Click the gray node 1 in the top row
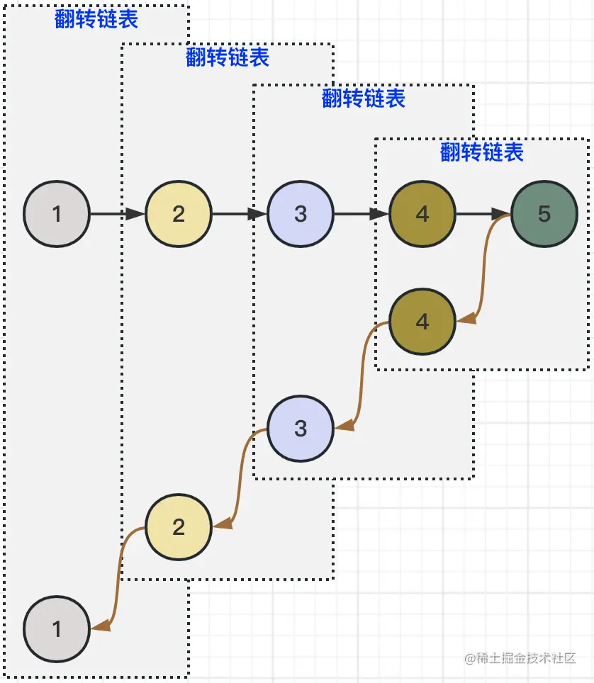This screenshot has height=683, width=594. pos(57,214)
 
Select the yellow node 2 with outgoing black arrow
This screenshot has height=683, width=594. pos(179,214)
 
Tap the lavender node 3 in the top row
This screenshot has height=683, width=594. pos(301,214)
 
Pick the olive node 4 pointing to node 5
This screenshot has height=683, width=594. pos(422,214)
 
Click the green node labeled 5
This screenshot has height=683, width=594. pos(544,214)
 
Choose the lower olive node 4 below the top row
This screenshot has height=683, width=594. pos(422,322)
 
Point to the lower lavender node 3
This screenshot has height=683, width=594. pos(301,429)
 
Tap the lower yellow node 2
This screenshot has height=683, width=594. pos(179,526)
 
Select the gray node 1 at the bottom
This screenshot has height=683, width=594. pos(57,629)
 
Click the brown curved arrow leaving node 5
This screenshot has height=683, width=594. pos(484,269)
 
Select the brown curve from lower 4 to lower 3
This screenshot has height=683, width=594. pos(362,376)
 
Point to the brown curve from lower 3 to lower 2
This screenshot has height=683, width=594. pos(240,478)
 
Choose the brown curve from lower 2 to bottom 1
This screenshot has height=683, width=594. pos(118,577)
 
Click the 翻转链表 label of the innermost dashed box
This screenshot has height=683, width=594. pos(481,152)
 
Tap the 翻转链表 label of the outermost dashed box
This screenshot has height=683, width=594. pos(96,19)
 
